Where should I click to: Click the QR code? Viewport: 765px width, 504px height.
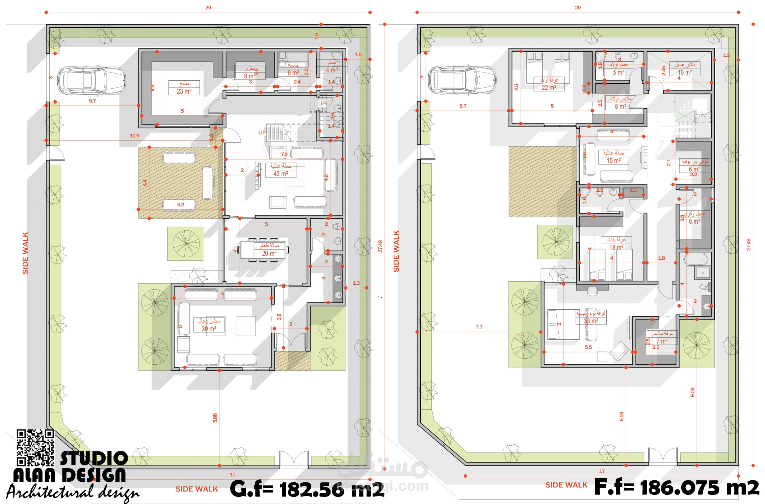click(x=35, y=447)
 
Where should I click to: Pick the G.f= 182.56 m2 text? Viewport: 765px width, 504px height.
click(x=307, y=489)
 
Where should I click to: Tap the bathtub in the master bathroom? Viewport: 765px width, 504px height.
click(x=695, y=259)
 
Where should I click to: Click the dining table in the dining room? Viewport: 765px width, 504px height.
click(x=263, y=250)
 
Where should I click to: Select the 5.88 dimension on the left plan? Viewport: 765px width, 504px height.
click(x=215, y=418)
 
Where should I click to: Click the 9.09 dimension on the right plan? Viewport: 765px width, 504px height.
click(x=692, y=392)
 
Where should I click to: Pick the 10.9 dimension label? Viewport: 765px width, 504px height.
click(x=134, y=136)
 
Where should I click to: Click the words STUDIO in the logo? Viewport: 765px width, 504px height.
click(x=94, y=458)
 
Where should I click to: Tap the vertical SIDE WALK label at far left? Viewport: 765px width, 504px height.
click(x=25, y=253)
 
